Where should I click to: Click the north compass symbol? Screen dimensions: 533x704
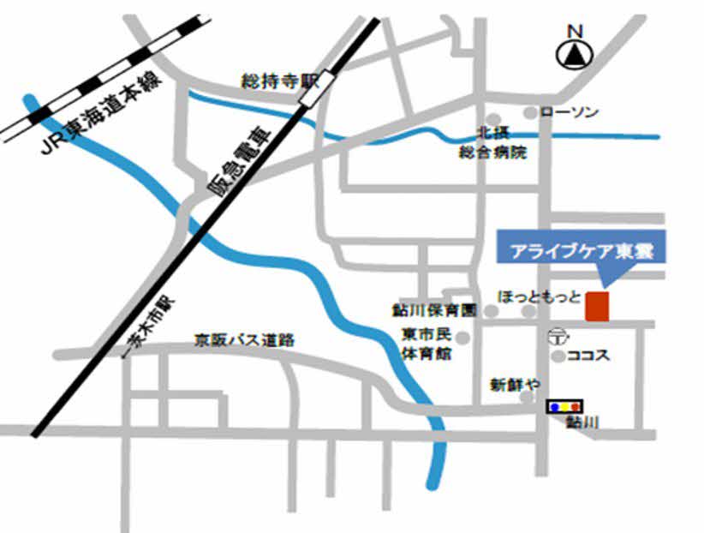pos(575,54)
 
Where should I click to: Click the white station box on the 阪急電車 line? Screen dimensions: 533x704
pos(307,89)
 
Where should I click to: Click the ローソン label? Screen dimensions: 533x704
pos(570,112)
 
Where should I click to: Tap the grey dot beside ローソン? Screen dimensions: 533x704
pos(530,112)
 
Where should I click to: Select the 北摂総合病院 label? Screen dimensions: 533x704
pos(492,143)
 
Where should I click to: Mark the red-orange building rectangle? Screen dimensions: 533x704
pos(597,306)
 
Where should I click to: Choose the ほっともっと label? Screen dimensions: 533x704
pos(539,296)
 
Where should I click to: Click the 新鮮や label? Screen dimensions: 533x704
pos(515,384)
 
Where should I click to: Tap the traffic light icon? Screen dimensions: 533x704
pos(564,404)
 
